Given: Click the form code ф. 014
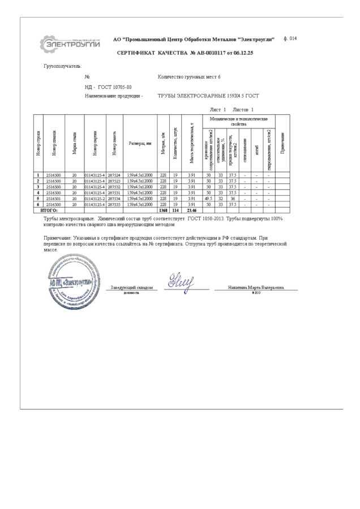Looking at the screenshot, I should click(289, 38).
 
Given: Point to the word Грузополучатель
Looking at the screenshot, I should click(63, 66).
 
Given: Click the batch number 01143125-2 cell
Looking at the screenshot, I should click(95, 199).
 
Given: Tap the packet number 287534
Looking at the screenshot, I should click(114, 199).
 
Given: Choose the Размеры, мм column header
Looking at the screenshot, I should click(140, 143).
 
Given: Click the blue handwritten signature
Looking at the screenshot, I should click(181, 281).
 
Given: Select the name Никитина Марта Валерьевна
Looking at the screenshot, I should click(256, 288).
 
